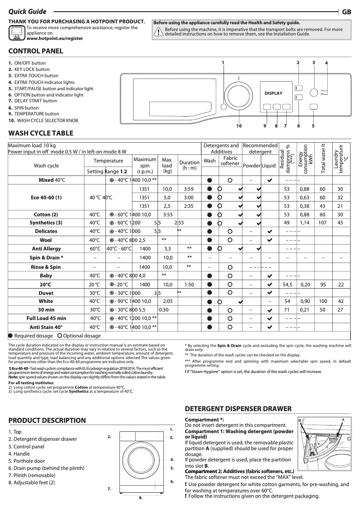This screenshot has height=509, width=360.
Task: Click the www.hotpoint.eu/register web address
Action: click(x=54, y=39)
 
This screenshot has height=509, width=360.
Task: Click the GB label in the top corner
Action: click(x=347, y=12)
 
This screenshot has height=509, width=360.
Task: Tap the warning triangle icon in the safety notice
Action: click(x=158, y=31)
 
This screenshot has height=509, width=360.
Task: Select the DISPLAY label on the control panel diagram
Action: click(x=273, y=93)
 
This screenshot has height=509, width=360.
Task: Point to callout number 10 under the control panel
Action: click(x=239, y=126)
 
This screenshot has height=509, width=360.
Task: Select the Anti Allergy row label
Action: click(x=46, y=249)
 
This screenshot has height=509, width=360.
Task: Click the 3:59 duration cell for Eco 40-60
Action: click(x=189, y=189)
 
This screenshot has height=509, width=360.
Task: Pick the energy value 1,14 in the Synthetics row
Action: click(x=305, y=223)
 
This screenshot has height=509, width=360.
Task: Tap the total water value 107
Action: click(x=322, y=223)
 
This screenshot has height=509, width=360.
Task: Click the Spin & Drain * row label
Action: click(x=46, y=258)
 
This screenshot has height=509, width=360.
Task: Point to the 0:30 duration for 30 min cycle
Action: click(x=164, y=310)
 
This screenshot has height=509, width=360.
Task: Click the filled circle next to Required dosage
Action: click(x=11, y=336)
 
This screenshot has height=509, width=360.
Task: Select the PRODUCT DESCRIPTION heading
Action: click(x=47, y=421)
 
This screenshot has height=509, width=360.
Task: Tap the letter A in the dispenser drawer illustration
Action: click(x=343, y=419)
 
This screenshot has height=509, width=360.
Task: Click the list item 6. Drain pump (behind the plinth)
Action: click(x=46, y=468)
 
